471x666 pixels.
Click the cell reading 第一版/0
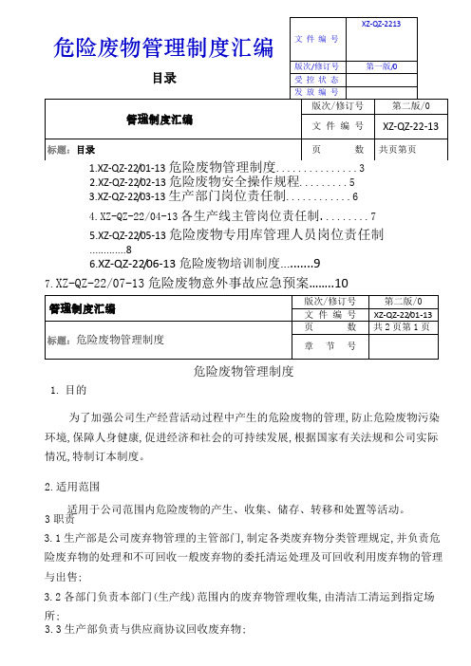coord(387,65)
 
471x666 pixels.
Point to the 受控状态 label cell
coord(318,79)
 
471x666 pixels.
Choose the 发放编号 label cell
coord(318,92)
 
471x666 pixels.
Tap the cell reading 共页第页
coord(404,150)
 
